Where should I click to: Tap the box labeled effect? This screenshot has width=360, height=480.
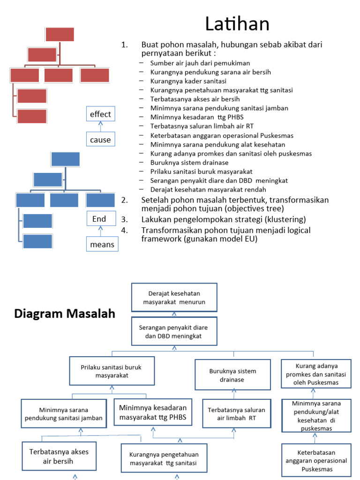[x=100, y=114]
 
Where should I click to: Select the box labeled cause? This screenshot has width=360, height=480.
[x=100, y=139]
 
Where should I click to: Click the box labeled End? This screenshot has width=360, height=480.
[x=99, y=219]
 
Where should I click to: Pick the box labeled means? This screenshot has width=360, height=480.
[x=103, y=244]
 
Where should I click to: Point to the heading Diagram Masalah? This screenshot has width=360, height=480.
[x=65, y=314]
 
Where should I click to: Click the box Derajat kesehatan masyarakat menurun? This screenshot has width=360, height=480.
[x=174, y=297]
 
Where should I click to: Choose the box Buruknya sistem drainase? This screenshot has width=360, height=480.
[x=233, y=375]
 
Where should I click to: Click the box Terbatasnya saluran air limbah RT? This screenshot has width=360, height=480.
[x=236, y=413]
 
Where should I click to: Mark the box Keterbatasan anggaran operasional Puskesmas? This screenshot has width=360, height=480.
[x=316, y=461]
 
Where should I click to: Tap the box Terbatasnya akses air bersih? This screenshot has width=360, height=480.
[x=59, y=457]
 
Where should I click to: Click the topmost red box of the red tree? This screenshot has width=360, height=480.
[x=60, y=34]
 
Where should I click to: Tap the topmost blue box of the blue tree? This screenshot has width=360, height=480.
[x=65, y=159]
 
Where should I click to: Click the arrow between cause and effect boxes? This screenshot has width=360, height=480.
[x=100, y=127]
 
